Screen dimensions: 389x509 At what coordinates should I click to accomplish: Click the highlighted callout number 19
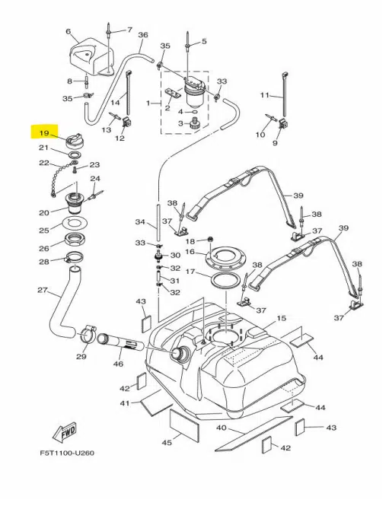coord(44,133)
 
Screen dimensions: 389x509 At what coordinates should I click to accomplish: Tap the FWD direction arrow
coord(65,432)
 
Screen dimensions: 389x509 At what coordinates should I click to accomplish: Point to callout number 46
coord(118,364)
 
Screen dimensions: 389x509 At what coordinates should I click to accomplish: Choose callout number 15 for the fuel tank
coord(281,318)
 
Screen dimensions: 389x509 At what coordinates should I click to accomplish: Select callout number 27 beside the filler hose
coord(43,290)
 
